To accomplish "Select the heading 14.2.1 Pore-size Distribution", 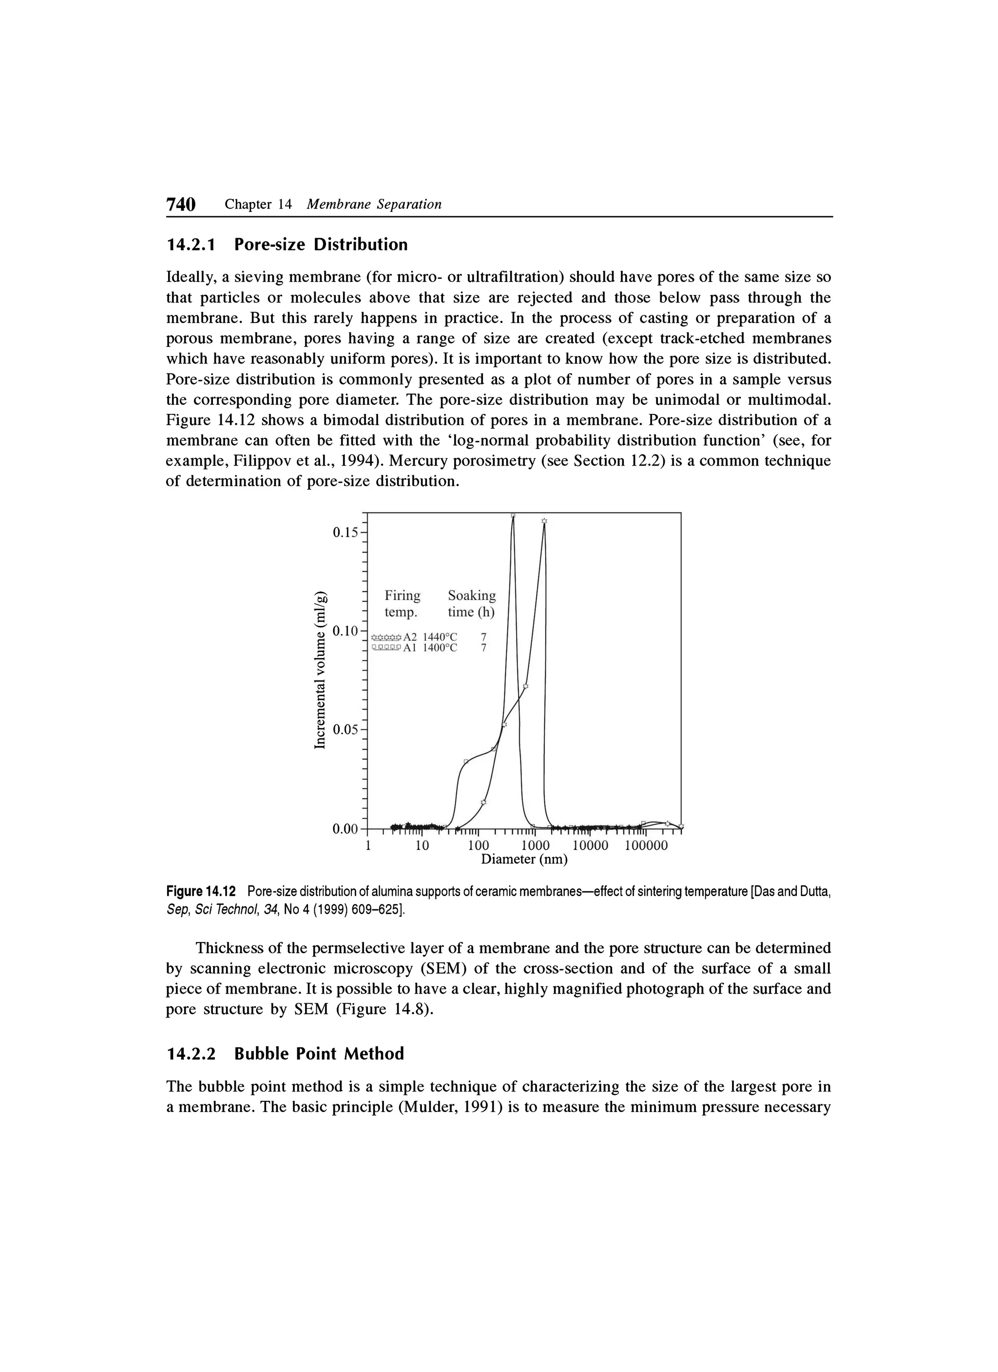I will pos(287,245).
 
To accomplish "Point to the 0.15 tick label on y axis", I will pos(345,532).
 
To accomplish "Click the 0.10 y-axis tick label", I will pos(345,631).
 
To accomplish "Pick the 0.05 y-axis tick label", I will pos(345,730).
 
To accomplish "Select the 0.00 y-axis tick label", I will pos(345,829).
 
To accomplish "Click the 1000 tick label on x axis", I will pos(535,846).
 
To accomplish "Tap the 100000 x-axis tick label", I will pos(646,846).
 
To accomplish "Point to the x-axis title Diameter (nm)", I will pos(524,860).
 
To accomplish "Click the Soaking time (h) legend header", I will pos(471,604).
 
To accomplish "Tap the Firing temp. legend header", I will pos(403,604).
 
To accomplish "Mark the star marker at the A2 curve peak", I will pos(544,521).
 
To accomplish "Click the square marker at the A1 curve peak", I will pos(513,516).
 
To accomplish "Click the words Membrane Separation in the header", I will pos(374,205).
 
